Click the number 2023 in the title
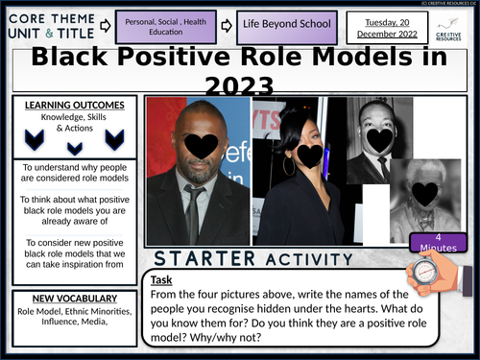[240, 86]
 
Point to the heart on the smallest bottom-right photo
[421, 194]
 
